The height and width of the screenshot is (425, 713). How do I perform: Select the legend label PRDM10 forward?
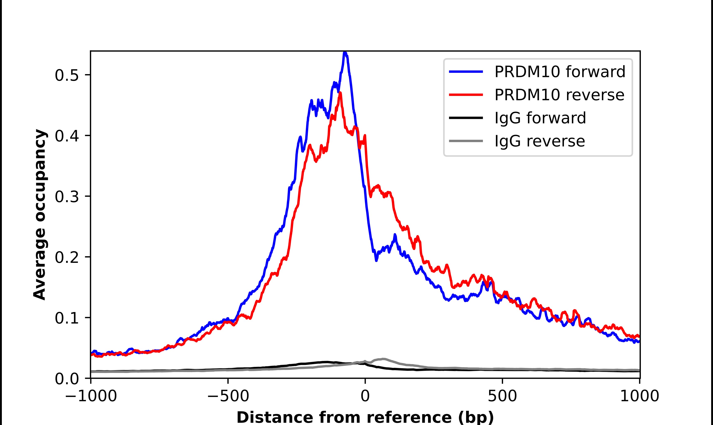point(560,72)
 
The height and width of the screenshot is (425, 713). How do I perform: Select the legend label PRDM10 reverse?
point(559,95)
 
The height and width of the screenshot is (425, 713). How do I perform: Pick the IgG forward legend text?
point(540,118)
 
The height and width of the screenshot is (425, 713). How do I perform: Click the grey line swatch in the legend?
point(466,141)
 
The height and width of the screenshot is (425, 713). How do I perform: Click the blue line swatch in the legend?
point(466,72)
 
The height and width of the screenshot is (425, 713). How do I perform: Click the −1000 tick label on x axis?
point(91,397)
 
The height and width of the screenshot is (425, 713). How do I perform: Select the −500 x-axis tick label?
point(228,397)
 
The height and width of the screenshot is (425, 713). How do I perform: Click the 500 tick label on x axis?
point(502,397)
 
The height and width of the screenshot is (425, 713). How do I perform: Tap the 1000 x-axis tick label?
point(640,397)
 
